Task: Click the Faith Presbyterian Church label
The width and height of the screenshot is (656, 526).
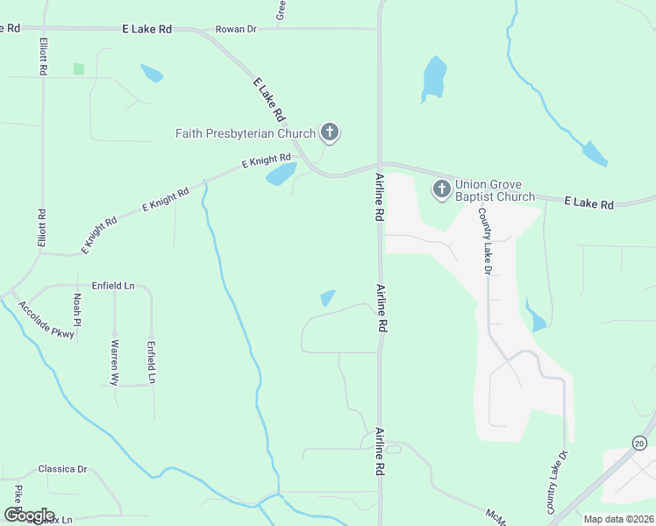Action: (245, 133)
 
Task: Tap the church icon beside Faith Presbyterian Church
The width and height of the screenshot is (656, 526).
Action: (330, 133)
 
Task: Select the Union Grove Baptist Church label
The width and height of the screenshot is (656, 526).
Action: (495, 190)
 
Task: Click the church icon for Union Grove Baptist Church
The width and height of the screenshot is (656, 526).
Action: (441, 188)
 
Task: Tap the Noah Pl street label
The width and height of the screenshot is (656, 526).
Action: (77, 310)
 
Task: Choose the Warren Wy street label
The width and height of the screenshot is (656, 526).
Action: (114, 363)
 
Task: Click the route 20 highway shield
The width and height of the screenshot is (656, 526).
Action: (640, 444)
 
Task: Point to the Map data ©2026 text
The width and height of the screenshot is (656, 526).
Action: (617, 519)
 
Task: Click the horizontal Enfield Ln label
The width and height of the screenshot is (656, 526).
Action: (113, 286)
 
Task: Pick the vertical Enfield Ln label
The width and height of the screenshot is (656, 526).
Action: (151, 362)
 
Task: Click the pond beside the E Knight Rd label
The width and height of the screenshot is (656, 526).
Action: (281, 174)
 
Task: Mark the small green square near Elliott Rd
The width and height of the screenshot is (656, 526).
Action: (79, 68)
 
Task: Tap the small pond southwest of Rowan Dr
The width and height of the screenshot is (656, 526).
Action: (152, 74)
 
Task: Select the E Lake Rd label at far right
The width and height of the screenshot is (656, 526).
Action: (588, 203)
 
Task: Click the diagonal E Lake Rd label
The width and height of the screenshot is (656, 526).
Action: (269, 100)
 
